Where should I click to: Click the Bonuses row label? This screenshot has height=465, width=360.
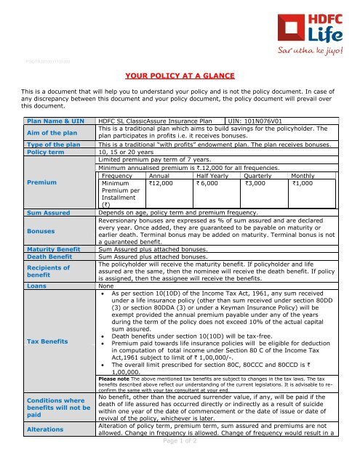click(x=41, y=232)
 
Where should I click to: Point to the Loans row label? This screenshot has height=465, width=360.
click(x=37, y=286)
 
